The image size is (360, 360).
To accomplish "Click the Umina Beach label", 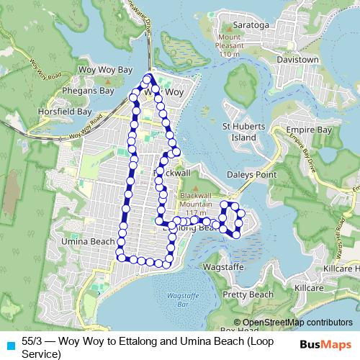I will [89, 241].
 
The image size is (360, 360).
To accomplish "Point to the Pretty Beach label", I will [248, 294].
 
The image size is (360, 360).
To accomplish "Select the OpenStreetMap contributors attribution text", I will [293, 322].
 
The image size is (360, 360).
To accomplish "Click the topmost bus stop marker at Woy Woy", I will [148, 78].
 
